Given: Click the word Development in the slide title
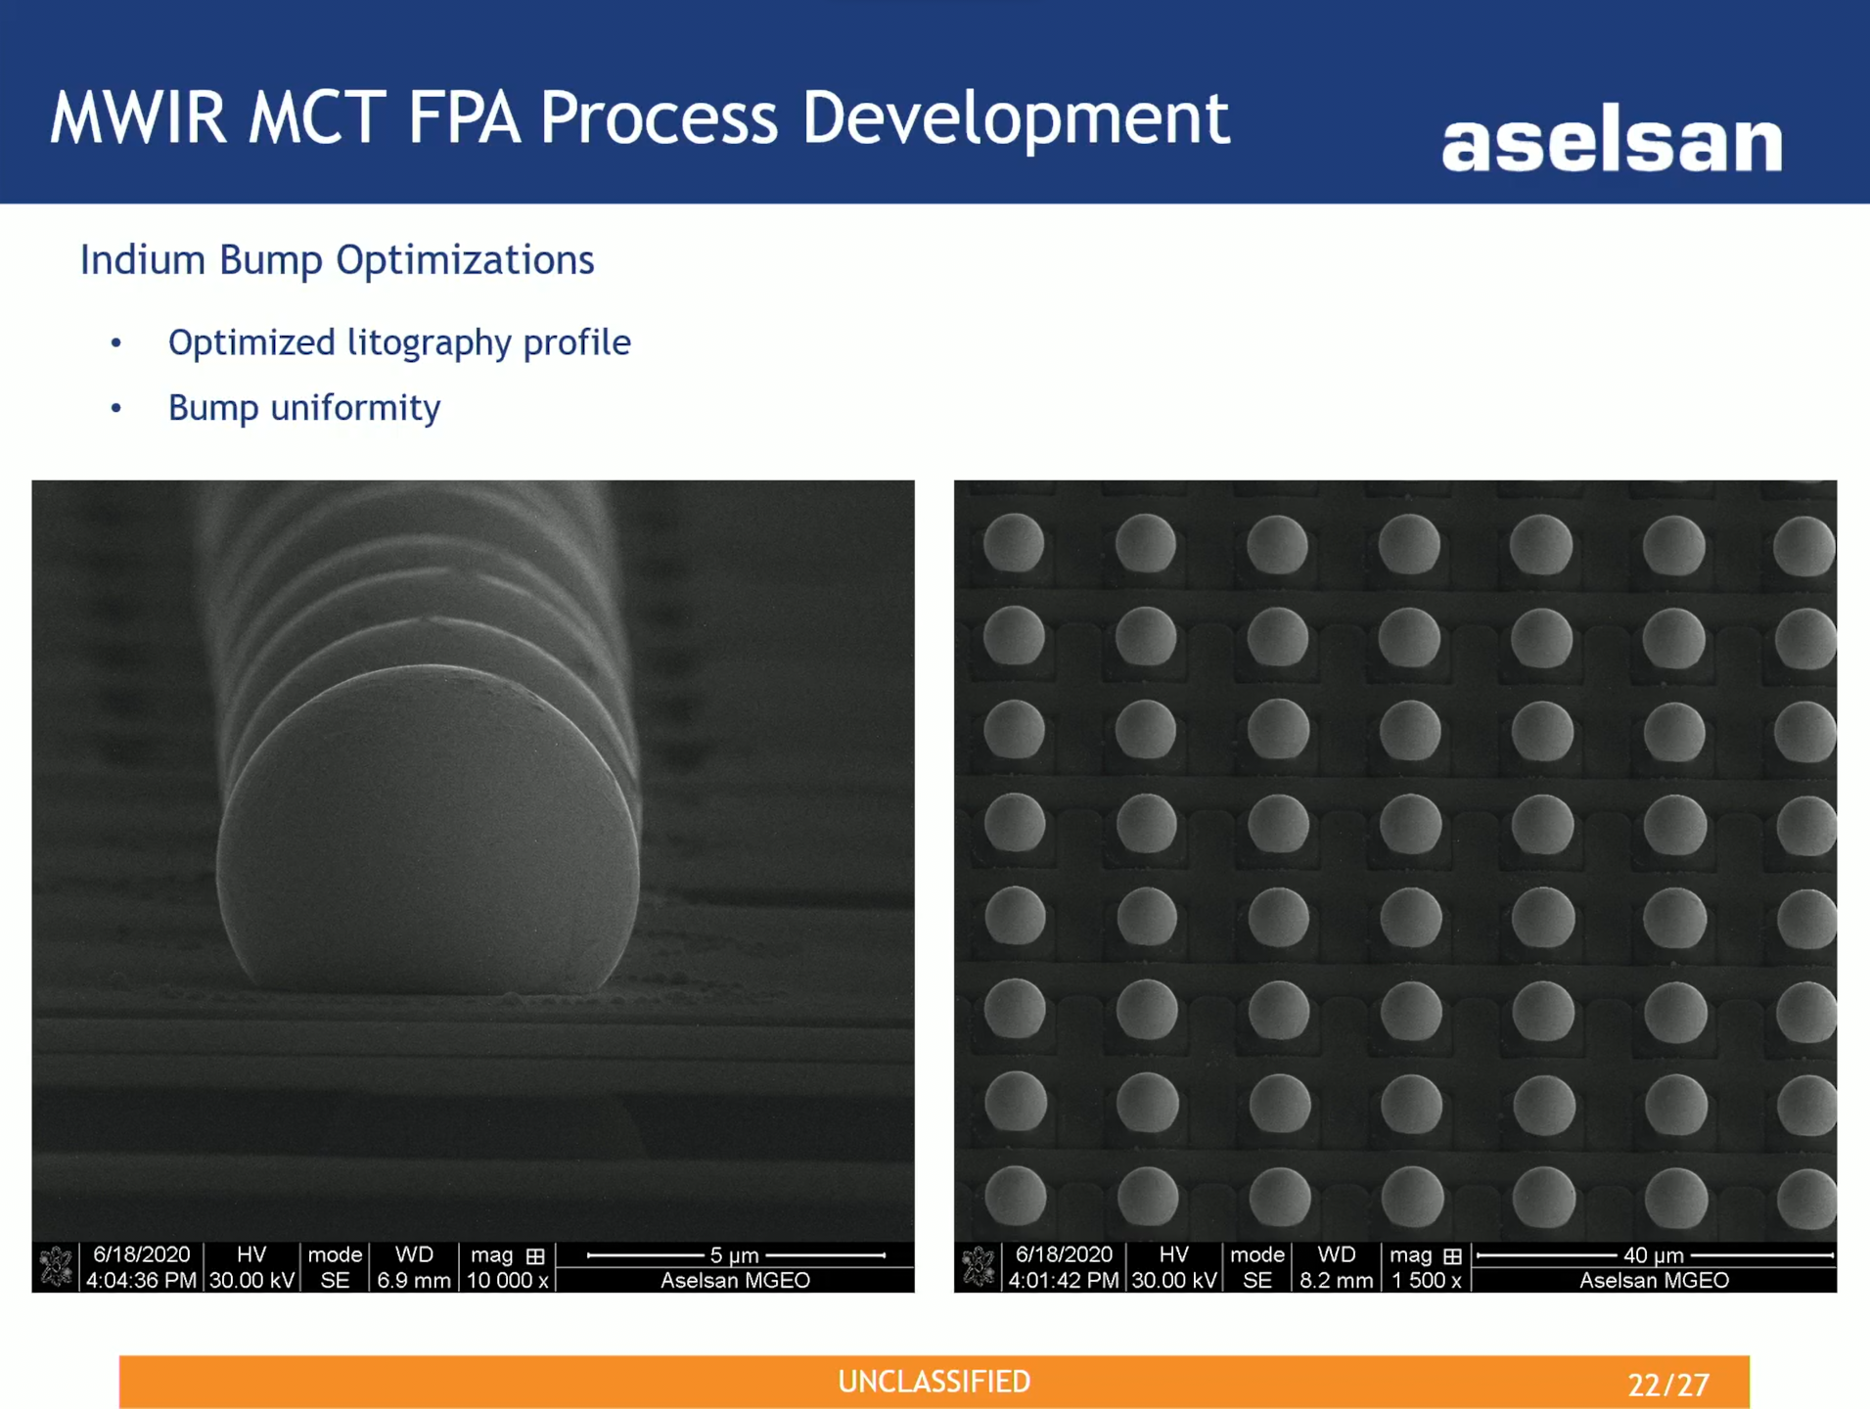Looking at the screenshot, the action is [1015, 118].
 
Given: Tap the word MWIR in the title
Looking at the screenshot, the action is [138, 118].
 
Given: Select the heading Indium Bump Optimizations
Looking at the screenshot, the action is [337, 260].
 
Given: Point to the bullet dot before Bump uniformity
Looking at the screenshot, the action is [116, 408].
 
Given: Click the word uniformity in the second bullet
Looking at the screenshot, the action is [355, 408].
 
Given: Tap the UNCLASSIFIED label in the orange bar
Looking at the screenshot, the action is [935, 1382].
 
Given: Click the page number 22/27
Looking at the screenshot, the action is [1668, 1385].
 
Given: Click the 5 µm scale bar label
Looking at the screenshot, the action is [734, 1255].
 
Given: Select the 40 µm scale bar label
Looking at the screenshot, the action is [1654, 1255].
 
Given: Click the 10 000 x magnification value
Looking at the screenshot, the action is [507, 1280].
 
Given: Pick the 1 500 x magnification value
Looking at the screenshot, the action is [1427, 1280].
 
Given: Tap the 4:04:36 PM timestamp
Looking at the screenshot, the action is [141, 1280].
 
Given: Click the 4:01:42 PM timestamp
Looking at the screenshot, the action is [1064, 1280].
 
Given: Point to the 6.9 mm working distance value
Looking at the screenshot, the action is [414, 1280].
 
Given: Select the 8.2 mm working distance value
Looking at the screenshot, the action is [1337, 1280].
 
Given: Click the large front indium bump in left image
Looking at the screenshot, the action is [428, 832].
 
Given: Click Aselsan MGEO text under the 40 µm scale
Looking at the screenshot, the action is [1654, 1280].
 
